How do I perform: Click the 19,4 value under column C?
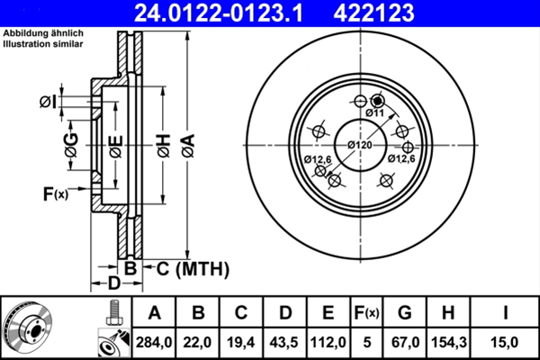pos(242,342)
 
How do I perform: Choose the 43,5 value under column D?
pos(285,342)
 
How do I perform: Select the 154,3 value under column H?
pos(447,342)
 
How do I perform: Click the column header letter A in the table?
pos(155,313)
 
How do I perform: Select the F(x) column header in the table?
pos(366,313)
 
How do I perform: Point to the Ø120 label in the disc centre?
pos(360,145)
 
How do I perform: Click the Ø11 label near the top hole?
pos(375,113)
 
